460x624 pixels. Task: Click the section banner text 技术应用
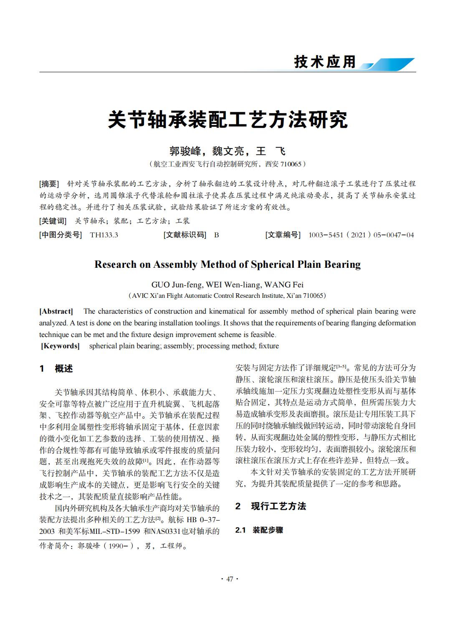click(325, 62)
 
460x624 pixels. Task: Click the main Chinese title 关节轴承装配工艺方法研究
click(227, 120)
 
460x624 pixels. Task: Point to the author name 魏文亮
click(228, 151)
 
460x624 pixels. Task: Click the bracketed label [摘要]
click(50, 184)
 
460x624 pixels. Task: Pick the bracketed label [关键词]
click(53, 221)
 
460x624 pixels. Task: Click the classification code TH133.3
click(104, 235)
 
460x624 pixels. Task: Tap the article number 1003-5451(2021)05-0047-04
click(361, 235)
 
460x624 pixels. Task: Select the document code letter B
click(216, 235)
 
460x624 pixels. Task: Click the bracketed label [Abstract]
click(56, 311)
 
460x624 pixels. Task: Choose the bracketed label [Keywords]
click(60, 346)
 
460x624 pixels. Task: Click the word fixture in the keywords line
click(268, 346)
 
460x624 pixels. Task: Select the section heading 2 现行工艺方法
click(270, 506)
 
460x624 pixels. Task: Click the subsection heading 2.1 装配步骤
click(259, 530)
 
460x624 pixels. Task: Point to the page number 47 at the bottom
click(230, 579)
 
